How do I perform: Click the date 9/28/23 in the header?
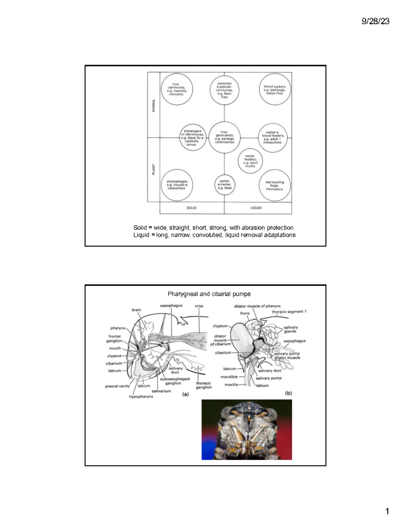[x=375, y=21]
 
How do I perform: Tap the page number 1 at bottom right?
[x=387, y=511]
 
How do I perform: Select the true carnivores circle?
[x=177, y=89]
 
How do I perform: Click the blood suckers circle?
[x=275, y=90]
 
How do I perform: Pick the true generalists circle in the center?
[x=224, y=137]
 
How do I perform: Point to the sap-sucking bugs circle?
[x=274, y=185]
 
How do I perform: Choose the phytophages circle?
[x=177, y=185]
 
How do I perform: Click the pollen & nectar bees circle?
[x=225, y=185]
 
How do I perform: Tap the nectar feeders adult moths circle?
[x=250, y=161]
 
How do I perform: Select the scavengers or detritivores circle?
[x=193, y=137]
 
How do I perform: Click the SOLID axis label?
[x=191, y=208]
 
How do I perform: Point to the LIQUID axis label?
[x=256, y=208]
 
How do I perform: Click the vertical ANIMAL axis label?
[x=153, y=105]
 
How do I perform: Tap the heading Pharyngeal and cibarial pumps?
[x=209, y=294]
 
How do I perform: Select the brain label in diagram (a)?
[x=136, y=310]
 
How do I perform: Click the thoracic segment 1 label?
[x=289, y=312]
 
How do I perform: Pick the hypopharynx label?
[x=141, y=397]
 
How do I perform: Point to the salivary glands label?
[x=290, y=329]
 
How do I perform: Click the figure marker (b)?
[x=288, y=393]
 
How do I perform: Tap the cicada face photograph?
[x=247, y=430]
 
